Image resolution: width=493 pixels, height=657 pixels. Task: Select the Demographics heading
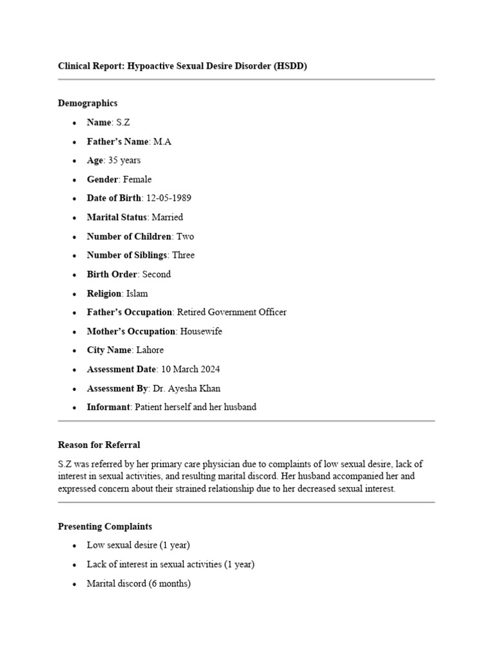pyautogui.click(x=88, y=103)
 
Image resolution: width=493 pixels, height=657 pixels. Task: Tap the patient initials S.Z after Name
pyautogui.click(x=123, y=123)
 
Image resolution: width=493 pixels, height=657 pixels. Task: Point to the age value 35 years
pyautogui.click(x=125, y=160)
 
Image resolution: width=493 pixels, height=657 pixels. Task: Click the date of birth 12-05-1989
pyautogui.click(x=168, y=198)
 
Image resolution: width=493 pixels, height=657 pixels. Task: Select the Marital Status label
pyautogui.click(x=117, y=218)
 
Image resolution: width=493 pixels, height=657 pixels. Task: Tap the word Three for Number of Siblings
pyautogui.click(x=183, y=255)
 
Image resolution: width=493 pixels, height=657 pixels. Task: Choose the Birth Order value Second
pyautogui.click(x=157, y=275)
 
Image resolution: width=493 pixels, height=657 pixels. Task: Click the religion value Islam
pyautogui.click(x=137, y=293)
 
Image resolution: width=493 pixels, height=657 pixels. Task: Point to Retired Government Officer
pyautogui.click(x=232, y=312)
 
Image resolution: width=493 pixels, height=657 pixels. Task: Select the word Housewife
pyautogui.click(x=202, y=332)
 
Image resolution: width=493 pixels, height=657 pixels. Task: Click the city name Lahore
pyautogui.click(x=150, y=350)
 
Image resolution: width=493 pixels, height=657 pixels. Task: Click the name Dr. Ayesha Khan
pyautogui.click(x=187, y=388)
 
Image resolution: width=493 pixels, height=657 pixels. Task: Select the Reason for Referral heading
pyautogui.click(x=99, y=445)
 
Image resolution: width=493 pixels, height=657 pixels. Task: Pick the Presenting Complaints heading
pyautogui.click(x=105, y=527)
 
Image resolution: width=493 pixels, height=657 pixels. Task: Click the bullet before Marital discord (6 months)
pyautogui.click(x=74, y=584)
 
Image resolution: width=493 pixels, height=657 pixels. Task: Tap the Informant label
pyautogui.click(x=108, y=407)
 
